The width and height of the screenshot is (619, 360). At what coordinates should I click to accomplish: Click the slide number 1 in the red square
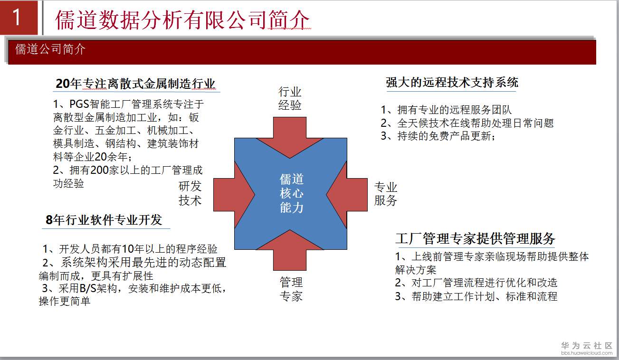tap(17, 17)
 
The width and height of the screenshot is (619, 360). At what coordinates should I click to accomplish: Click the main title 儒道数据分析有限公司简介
tap(182, 19)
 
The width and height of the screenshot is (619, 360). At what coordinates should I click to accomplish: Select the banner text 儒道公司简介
tap(50, 49)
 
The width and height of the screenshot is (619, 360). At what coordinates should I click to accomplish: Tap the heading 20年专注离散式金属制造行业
tap(135, 84)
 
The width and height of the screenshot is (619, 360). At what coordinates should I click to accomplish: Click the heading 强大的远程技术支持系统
tap(452, 82)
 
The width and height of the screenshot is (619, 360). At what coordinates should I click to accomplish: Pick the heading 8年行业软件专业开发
tap(104, 220)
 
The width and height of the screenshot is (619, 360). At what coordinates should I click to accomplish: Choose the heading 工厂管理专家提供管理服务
tap(476, 238)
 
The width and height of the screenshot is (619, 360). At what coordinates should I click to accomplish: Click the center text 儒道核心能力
tap(292, 193)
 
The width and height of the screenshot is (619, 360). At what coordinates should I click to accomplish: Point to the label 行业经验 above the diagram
tap(290, 98)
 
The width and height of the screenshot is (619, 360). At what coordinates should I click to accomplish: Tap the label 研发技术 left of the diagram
tap(190, 193)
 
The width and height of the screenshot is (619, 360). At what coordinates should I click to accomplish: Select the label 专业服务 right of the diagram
tap(385, 194)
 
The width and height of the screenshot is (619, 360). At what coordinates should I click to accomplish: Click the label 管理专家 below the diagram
tap(291, 289)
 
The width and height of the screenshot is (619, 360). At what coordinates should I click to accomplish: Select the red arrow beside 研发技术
tap(234, 195)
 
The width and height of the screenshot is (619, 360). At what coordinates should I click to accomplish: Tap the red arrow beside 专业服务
tap(347, 195)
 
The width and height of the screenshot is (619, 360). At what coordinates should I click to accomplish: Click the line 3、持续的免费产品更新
tap(438, 136)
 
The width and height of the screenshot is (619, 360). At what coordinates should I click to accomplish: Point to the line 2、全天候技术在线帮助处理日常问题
tap(467, 123)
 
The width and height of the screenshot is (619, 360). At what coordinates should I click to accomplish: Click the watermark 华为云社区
tap(587, 345)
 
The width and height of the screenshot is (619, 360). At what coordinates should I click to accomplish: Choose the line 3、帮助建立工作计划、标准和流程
tap(476, 296)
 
